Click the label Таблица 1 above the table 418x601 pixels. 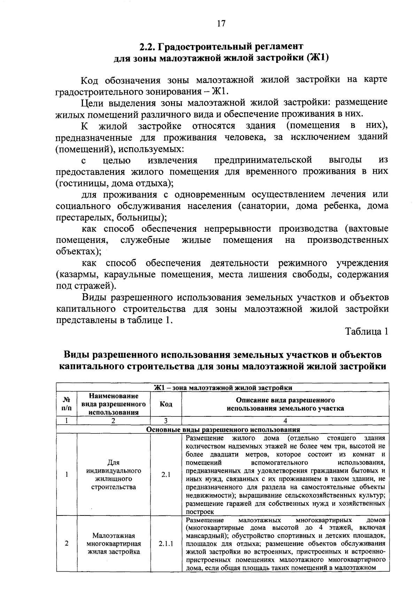pyautogui.click(x=366, y=332)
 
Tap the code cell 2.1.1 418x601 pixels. pyautogui.click(x=166, y=544)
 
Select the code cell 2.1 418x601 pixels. pyautogui.click(x=166, y=475)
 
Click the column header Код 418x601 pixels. pyautogui.click(x=166, y=404)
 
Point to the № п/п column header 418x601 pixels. pyautogui.click(x=66, y=404)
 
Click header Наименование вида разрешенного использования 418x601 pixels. pyautogui.click(x=114, y=404)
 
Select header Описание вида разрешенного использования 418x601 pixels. pyautogui.click(x=285, y=404)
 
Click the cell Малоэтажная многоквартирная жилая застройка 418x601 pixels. pyautogui.click(x=114, y=544)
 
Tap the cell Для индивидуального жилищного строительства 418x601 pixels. pyautogui.click(x=114, y=475)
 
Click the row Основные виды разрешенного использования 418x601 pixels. pyautogui.click(x=223, y=430)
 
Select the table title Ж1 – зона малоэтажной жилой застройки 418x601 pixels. pyautogui.click(x=223, y=387)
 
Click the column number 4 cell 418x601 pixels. pyautogui.click(x=285, y=421)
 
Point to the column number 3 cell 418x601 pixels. pyautogui.click(x=166, y=421)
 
